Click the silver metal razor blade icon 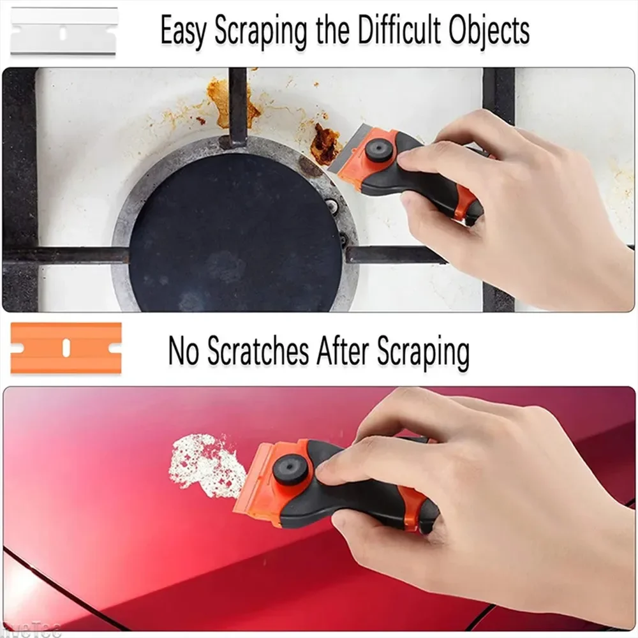click(x=64, y=31)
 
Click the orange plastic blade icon click(x=66, y=348)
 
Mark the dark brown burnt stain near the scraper click(x=325, y=144)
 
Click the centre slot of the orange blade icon click(x=66, y=348)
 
